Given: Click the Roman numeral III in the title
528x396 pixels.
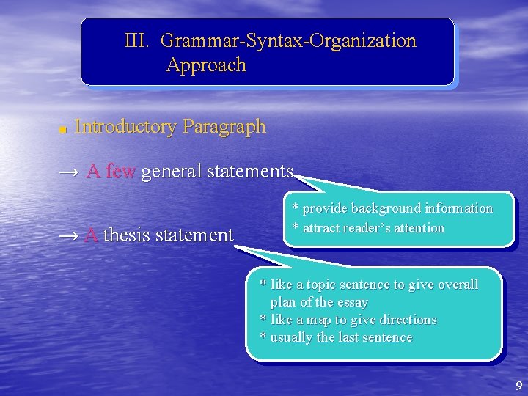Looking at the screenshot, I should pyautogui.click(x=137, y=41).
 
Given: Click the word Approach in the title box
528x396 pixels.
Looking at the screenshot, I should pyautogui.click(x=206, y=65).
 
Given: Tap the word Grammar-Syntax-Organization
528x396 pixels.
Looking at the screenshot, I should pyautogui.click(x=288, y=41).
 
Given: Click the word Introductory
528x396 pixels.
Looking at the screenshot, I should pyautogui.click(x=125, y=127).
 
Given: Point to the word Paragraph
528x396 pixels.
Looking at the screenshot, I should pyautogui.click(x=224, y=127).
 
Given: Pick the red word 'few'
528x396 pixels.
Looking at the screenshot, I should pyautogui.click(x=121, y=172).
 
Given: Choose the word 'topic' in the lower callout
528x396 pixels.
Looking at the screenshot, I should pyautogui.click(x=323, y=285).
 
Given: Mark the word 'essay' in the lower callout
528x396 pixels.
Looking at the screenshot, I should pyautogui.click(x=351, y=302).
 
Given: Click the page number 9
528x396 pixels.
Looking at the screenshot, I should pyautogui.click(x=519, y=386).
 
